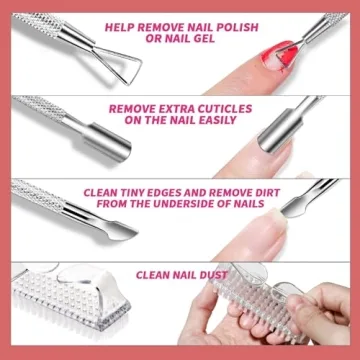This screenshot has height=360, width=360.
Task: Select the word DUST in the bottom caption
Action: pos(213,273)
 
